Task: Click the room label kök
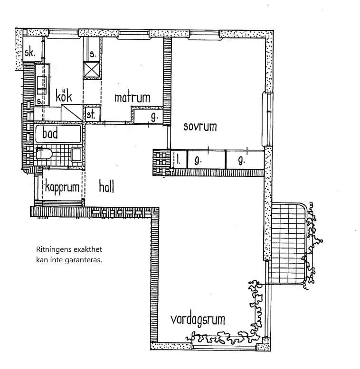click(x=64, y=96)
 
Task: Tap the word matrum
click(x=132, y=98)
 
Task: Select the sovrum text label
click(x=200, y=127)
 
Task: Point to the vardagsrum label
click(x=198, y=319)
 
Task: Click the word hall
click(x=106, y=186)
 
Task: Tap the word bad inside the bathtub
click(x=49, y=133)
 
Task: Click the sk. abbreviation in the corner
click(x=29, y=52)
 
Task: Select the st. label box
click(x=90, y=114)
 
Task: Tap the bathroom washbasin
click(x=76, y=155)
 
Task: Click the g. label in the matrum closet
click(x=153, y=116)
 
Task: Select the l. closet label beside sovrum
click(x=179, y=160)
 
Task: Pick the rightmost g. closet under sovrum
click(x=241, y=160)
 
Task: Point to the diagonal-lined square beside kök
click(x=72, y=113)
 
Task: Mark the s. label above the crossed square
click(x=93, y=54)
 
